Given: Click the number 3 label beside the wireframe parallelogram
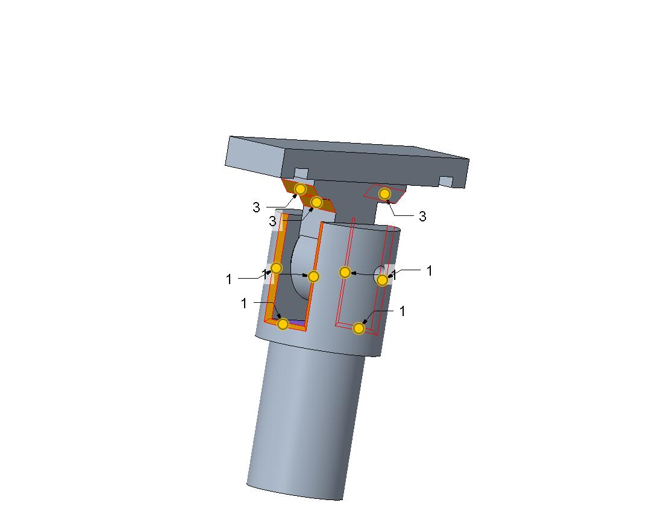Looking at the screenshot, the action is (422, 216).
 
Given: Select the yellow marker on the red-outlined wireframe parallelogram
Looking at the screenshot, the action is (384, 194).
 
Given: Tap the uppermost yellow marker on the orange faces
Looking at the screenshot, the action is (300, 189).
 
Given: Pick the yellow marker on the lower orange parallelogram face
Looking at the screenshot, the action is (316, 202).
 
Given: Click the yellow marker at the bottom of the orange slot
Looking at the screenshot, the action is (283, 324).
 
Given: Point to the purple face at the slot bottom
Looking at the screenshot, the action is (296, 322).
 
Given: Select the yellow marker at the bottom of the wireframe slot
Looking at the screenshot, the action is (359, 328).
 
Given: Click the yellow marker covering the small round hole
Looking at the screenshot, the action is (382, 280).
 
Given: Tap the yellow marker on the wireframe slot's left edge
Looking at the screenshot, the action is (345, 272).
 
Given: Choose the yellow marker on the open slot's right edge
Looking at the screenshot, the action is (313, 276).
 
